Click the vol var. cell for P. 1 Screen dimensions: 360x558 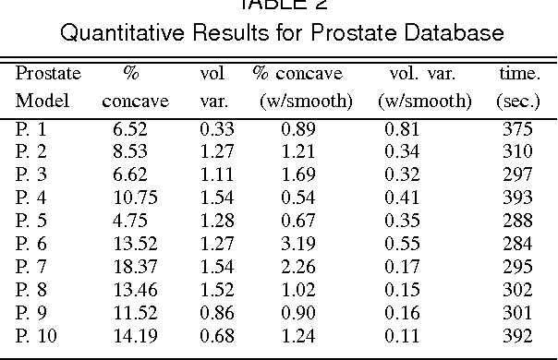(214, 129)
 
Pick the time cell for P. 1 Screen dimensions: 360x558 (515, 129)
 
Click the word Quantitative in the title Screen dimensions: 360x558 (119, 34)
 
